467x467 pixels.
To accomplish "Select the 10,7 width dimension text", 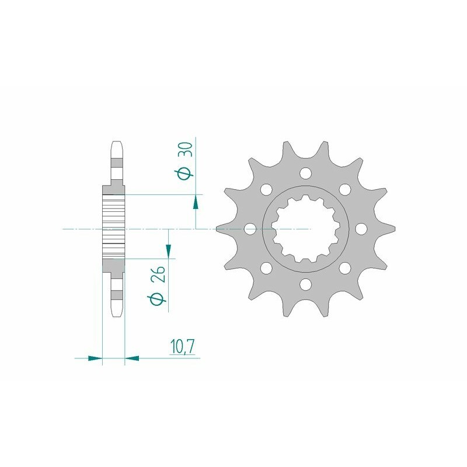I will click(183, 347).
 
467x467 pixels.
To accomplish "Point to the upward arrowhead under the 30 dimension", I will click(196, 203).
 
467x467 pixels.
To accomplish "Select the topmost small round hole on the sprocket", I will click(305, 173).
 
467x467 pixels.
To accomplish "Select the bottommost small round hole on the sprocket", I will click(305, 284).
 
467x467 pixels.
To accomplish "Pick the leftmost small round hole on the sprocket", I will click(250, 229).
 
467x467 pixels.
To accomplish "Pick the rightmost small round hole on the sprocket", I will click(360, 228).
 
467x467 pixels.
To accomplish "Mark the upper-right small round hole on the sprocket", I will click(344, 190).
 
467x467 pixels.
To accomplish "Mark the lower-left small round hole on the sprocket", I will click(266, 268).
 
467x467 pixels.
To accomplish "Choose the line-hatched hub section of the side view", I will click(114, 229).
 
